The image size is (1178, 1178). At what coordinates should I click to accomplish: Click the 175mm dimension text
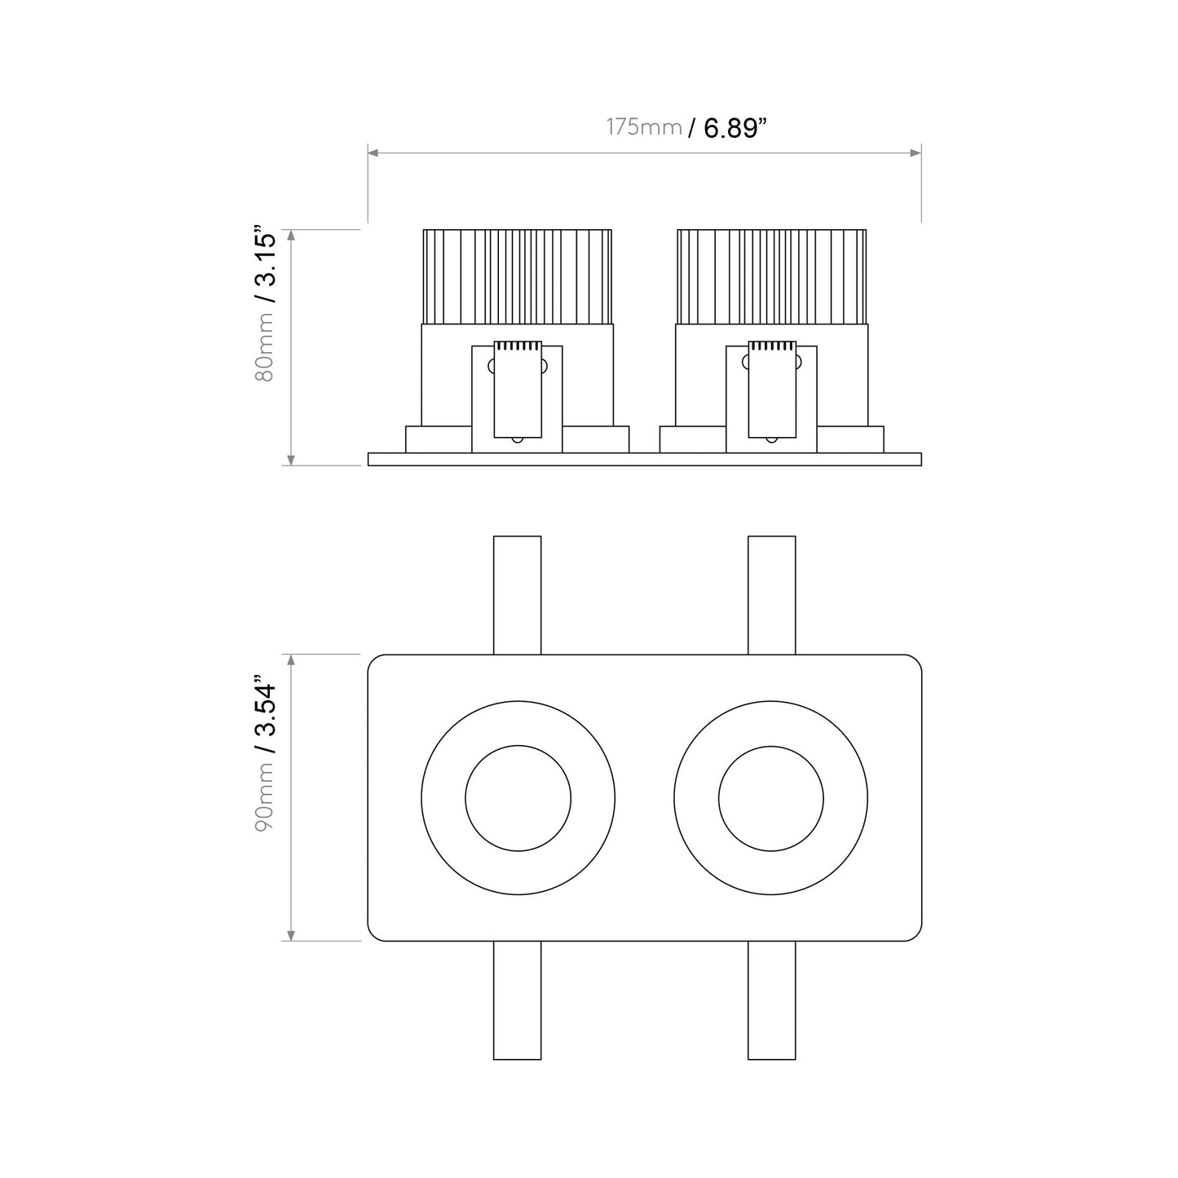pyautogui.click(x=643, y=127)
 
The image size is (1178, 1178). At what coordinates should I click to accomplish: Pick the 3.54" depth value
pyautogui.click(x=265, y=713)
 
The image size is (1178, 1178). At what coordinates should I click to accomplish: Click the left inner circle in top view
pyautogui.click(x=518, y=798)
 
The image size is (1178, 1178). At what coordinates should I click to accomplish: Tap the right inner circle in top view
pyautogui.click(x=771, y=798)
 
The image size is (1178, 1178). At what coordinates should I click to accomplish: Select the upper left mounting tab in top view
pyautogui.click(x=518, y=594)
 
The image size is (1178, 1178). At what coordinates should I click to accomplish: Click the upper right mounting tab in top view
pyautogui.click(x=771, y=594)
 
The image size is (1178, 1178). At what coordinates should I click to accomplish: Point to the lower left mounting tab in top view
pyautogui.click(x=518, y=1000)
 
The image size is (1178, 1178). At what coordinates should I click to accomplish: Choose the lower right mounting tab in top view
pyautogui.click(x=771, y=1000)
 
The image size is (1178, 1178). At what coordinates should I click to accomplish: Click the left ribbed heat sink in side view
pyautogui.click(x=518, y=276)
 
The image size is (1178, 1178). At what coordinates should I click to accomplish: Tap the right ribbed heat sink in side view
pyautogui.click(x=771, y=276)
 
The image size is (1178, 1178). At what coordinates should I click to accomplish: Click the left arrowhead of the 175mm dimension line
pyautogui.click(x=373, y=152)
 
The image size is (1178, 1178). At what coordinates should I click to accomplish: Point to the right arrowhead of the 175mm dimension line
pyautogui.click(x=916, y=152)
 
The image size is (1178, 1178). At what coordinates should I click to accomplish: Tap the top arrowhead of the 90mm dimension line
pyautogui.click(x=292, y=659)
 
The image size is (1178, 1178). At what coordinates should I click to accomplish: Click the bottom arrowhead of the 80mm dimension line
pyautogui.click(x=292, y=461)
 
